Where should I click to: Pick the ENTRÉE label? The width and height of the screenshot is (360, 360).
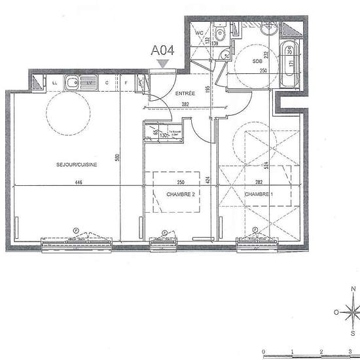pos(185,94)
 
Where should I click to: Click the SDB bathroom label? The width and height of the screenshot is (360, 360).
pos(257,61)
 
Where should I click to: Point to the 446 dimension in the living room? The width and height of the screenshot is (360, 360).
pos(78,183)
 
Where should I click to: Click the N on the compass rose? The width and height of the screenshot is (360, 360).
pos(353,289)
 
